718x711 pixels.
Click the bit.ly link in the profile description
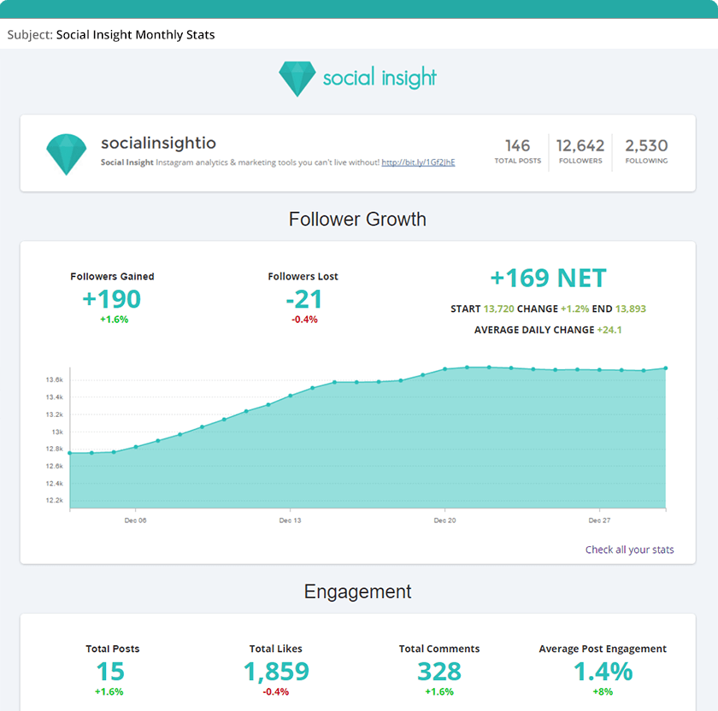pos(418,162)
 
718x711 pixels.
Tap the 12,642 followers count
pos(580,146)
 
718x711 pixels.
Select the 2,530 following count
pos(646,146)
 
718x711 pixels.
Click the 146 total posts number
pos(517,146)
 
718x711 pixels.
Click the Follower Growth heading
pos(357,219)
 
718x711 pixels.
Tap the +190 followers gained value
pos(112,299)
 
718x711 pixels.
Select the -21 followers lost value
pos(303,299)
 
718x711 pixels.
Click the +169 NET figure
pos(548,279)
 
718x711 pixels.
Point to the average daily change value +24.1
pos(609,330)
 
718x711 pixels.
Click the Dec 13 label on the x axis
pos(290,520)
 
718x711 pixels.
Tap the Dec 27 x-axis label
pos(599,520)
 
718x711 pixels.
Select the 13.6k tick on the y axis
pos(55,379)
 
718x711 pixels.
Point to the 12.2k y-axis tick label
pos(55,501)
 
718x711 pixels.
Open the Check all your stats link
pos(629,549)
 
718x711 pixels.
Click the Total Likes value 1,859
pos(276,672)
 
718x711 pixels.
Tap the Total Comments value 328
pos(439,672)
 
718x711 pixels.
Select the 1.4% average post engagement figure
pos(603,672)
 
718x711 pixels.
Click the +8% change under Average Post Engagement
pos(603,691)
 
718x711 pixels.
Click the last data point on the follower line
pos(665,368)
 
